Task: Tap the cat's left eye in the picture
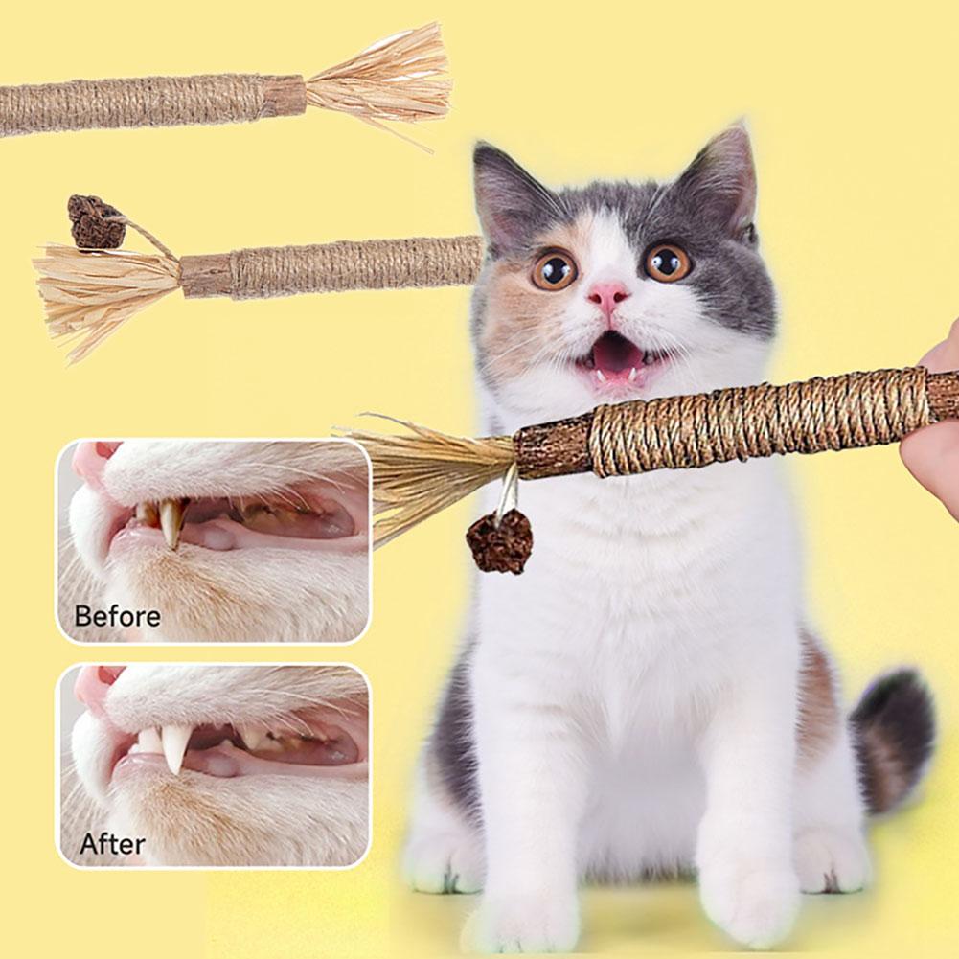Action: [555, 269]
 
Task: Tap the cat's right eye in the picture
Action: [667, 262]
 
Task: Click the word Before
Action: [117, 615]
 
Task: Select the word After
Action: [112, 844]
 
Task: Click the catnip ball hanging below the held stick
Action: [498, 541]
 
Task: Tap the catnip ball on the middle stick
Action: [95, 221]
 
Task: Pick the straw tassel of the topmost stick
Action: [383, 82]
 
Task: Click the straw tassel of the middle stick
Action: [105, 287]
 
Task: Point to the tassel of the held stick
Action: [431, 469]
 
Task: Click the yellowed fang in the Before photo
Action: [171, 523]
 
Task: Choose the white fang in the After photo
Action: [174, 746]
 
